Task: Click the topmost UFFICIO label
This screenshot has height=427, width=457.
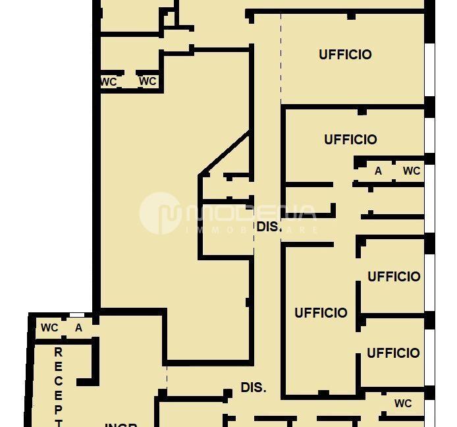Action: pyautogui.click(x=345, y=55)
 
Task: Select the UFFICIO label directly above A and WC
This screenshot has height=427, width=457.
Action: pyautogui.click(x=350, y=140)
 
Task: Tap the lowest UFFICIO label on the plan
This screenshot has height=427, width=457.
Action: pyautogui.click(x=393, y=353)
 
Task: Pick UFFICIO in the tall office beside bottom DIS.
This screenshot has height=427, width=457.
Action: pyautogui.click(x=321, y=313)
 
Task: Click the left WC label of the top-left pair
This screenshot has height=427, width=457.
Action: pyautogui.click(x=109, y=82)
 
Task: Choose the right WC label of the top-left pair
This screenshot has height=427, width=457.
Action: pyautogui.click(x=148, y=81)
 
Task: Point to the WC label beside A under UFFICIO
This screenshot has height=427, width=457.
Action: pyautogui.click(x=412, y=171)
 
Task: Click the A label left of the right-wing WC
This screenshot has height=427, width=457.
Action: pyautogui.click(x=378, y=171)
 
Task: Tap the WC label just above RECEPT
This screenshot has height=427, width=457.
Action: pyautogui.click(x=49, y=327)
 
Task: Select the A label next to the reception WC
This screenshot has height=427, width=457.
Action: pyautogui.click(x=78, y=327)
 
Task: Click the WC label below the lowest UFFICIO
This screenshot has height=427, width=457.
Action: pyautogui.click(x=403, y=403)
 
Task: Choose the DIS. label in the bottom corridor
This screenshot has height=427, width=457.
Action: pyautogui.click(x=254, y=387)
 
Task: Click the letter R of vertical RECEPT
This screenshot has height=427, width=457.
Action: pyautogui.click(x=58, y=353)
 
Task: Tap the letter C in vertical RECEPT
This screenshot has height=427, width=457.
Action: pyautogui.click(x=58, y=382)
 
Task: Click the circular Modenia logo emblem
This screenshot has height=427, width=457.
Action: pyautogui.click(x=160, y=213)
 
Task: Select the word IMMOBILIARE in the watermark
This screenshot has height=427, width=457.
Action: pyautogui.click(x=253, y=231)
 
